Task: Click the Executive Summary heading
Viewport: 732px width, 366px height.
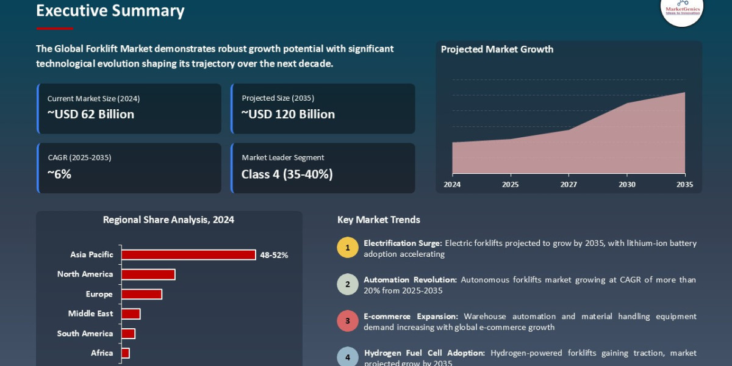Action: click(x=110, y=11)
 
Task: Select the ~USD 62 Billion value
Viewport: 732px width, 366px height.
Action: click(x=91, y=114)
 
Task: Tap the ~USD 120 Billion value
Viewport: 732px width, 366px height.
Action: click(x=288, y=114)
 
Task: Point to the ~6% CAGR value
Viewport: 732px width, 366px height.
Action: click(x=59, y=174)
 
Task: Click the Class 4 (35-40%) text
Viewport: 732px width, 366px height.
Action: click(x=287, y=174)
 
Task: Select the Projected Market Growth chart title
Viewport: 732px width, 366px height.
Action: click(x=497, y=49)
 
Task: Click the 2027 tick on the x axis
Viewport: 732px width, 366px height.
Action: click(x=569, y=184)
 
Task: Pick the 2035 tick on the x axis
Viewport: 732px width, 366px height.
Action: click(x=684, y=184)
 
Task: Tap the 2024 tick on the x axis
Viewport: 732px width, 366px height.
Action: click(x=452, y=184)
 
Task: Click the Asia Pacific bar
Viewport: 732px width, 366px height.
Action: click(x=188, y=255)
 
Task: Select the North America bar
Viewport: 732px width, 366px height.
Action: click(x=148, y=274)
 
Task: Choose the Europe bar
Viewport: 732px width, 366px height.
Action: click(x=142, y=294)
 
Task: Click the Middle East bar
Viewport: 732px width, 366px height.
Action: click(x=131, y=314)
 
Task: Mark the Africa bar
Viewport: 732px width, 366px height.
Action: click(x=126, y=353)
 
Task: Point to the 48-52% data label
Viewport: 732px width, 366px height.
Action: click(x=274, y=255)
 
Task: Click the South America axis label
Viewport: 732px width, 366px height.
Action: click(x=85, y=334)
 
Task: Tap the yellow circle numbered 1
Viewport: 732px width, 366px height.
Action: click(x=347, y=248)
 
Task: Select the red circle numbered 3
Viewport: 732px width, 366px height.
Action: click(x=347, y=321)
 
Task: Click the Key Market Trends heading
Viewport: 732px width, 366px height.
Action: click(x=378, y=220)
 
